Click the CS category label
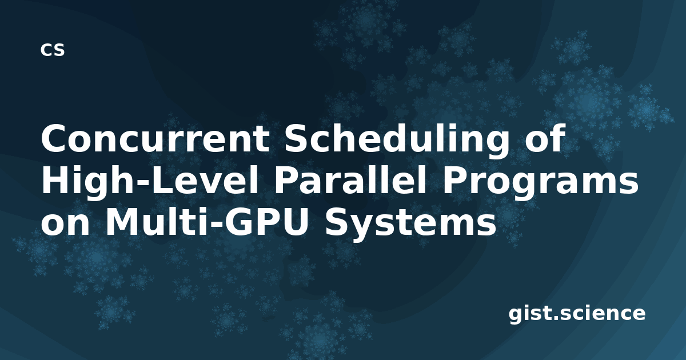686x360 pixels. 53,50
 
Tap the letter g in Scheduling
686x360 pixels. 497,145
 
